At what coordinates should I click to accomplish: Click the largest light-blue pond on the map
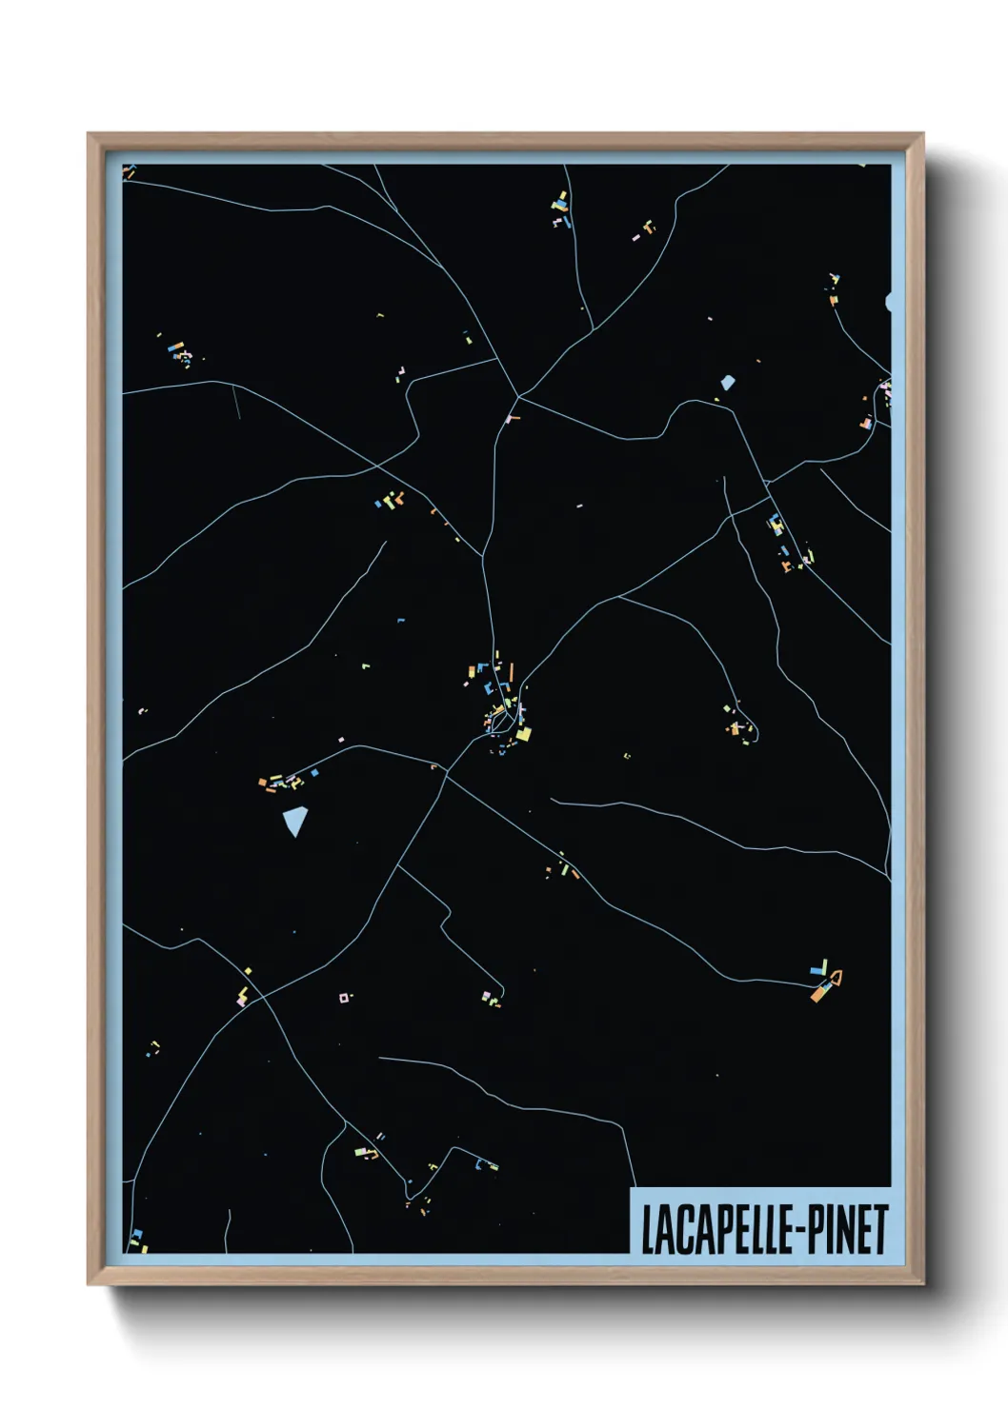[296, 820]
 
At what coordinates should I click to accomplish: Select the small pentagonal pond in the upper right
[728, 383]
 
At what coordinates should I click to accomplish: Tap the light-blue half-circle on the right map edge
[889, 303]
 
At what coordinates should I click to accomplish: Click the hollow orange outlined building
[836, 976]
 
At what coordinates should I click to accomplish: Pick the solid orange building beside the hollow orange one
[819, 992]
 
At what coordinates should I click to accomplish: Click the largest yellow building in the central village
[523, 734]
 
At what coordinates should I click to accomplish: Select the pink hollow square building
[343, 998]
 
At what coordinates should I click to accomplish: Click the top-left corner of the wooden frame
[89, 134]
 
